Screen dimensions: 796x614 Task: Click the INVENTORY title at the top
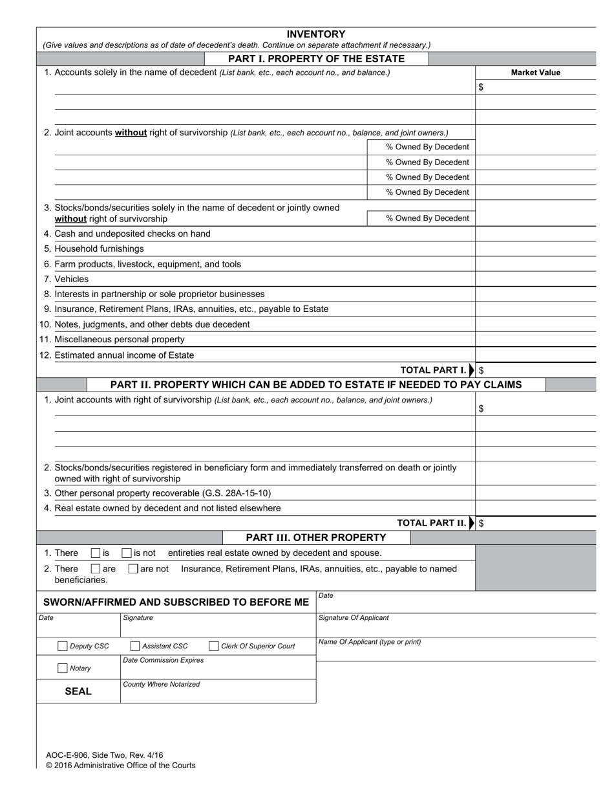point(316,34)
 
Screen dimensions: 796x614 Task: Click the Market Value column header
point(535,72)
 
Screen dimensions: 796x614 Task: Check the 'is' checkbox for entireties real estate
point(96,553)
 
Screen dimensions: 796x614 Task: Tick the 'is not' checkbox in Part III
point(127,553)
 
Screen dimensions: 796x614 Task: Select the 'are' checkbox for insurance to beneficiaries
point(96,569)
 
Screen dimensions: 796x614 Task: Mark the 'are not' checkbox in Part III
point(133,569)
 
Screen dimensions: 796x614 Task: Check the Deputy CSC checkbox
point(63,646)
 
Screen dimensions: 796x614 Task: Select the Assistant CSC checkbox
point(135,646)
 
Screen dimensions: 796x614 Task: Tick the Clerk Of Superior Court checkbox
point(214,646)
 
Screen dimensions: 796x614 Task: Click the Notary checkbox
point(63,668)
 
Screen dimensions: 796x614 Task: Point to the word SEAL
point(78,691)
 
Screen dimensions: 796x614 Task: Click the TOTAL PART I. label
point(433,370)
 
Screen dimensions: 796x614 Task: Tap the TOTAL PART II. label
point(431,523)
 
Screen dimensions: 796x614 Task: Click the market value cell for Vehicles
point(535,279)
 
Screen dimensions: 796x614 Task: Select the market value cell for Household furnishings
point(535,249)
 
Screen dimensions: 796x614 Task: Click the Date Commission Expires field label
point(163,660)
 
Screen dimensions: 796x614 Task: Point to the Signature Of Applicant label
point(354,617)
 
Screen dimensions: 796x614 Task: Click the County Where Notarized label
point(161,684)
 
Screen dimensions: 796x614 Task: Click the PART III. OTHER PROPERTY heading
point(316,537)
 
